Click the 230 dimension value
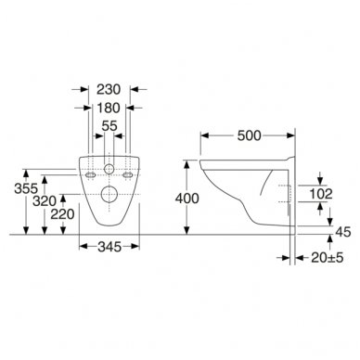(109, 89)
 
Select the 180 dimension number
(109, 108)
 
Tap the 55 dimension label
(109, 126)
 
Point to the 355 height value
(26, 188)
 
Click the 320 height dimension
(45, 201)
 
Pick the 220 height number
(62, 214)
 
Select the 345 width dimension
(109, 247)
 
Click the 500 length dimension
(250, 135)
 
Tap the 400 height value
(187, 199)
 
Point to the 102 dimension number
(321, 194)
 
